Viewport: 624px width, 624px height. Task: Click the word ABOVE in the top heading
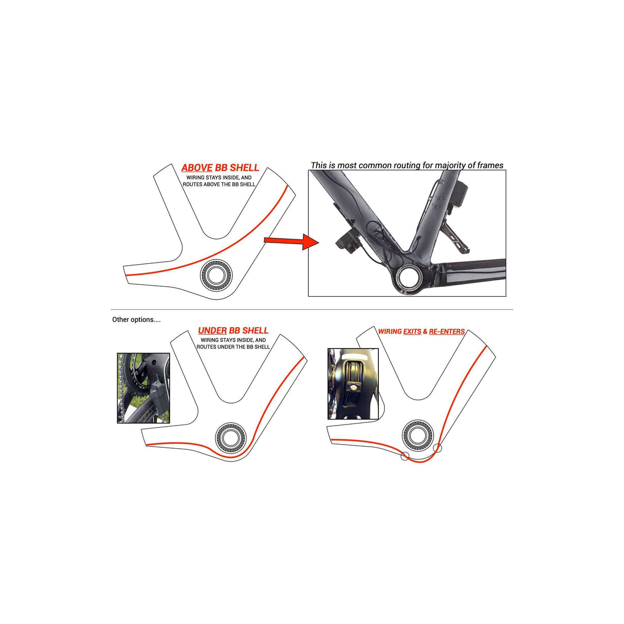[x=197, y=168]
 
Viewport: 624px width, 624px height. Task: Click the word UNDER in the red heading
[x=212, y=331]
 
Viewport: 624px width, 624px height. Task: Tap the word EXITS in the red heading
[x=412, y=332]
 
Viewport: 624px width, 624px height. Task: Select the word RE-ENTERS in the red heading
[x=447, y=332]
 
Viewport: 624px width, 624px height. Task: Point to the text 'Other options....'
[x=136, y=320]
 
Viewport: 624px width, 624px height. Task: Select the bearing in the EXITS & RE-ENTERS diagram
[x=418, y=435]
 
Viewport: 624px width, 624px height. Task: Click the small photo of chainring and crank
[x=143, y=388]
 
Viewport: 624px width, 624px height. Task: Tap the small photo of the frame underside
[x=353, y=384]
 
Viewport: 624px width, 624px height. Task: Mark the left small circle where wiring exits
[x=405, y=456]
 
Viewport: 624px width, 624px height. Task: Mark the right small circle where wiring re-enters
[x=437, y=448]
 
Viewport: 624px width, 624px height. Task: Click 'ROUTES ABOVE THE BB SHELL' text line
[x=219, y=185]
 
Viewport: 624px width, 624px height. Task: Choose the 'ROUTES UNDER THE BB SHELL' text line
[x=233, y=347]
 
